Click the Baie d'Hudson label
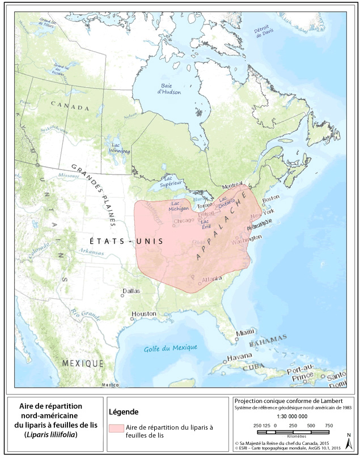coord(168,88)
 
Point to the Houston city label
coord(143,313)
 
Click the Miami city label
coord(245,332)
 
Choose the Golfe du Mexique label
coord(170,347)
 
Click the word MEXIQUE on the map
coord(83,363)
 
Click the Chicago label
coord(184,220)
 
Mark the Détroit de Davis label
coord(260,32)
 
